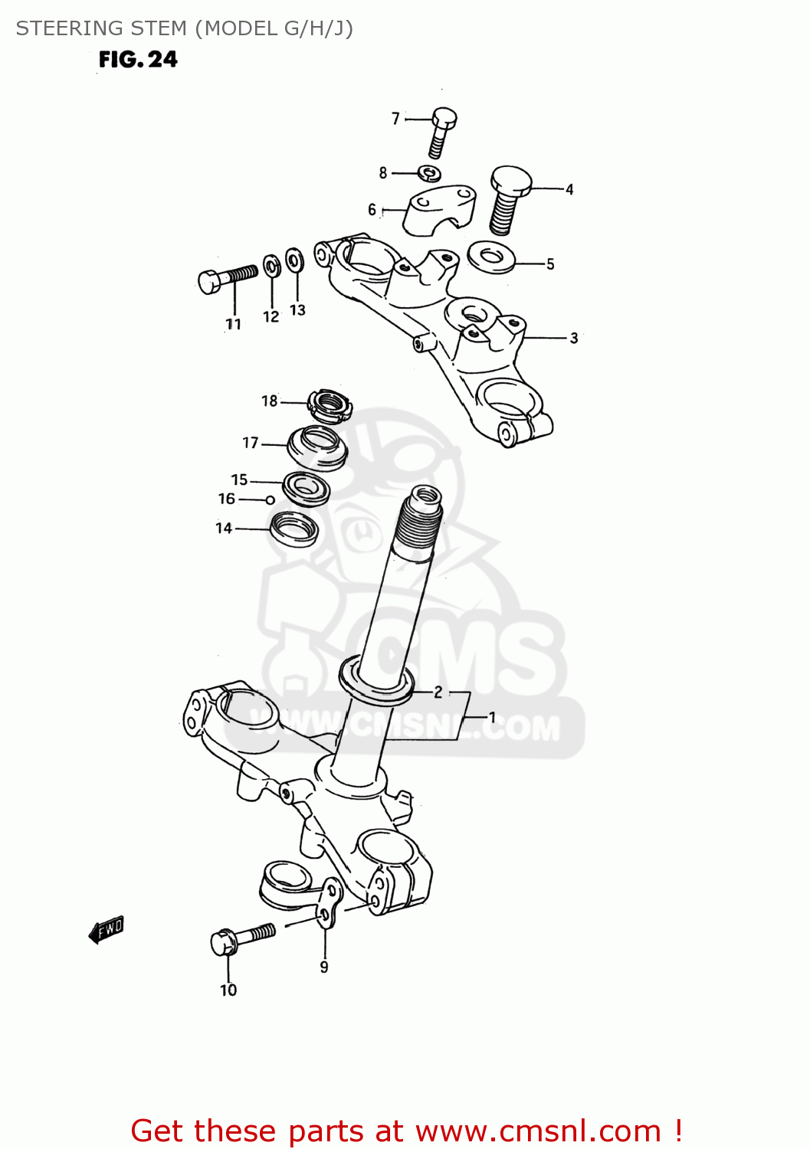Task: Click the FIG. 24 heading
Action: (138, 60)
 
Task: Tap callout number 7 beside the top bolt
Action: (395, 119)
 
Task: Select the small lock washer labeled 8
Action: (430, 172)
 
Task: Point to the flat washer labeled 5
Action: (490, 257)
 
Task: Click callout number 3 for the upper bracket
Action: (573, 338)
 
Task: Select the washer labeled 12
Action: (271, 267)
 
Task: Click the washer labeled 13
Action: (294, 260)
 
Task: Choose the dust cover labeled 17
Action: (317, 446)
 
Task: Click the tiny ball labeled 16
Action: (270, 500)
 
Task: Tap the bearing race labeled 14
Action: (294, 528)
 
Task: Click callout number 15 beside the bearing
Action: (239, 480)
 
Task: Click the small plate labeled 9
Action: (329, 904)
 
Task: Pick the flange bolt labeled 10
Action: (241, 938)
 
